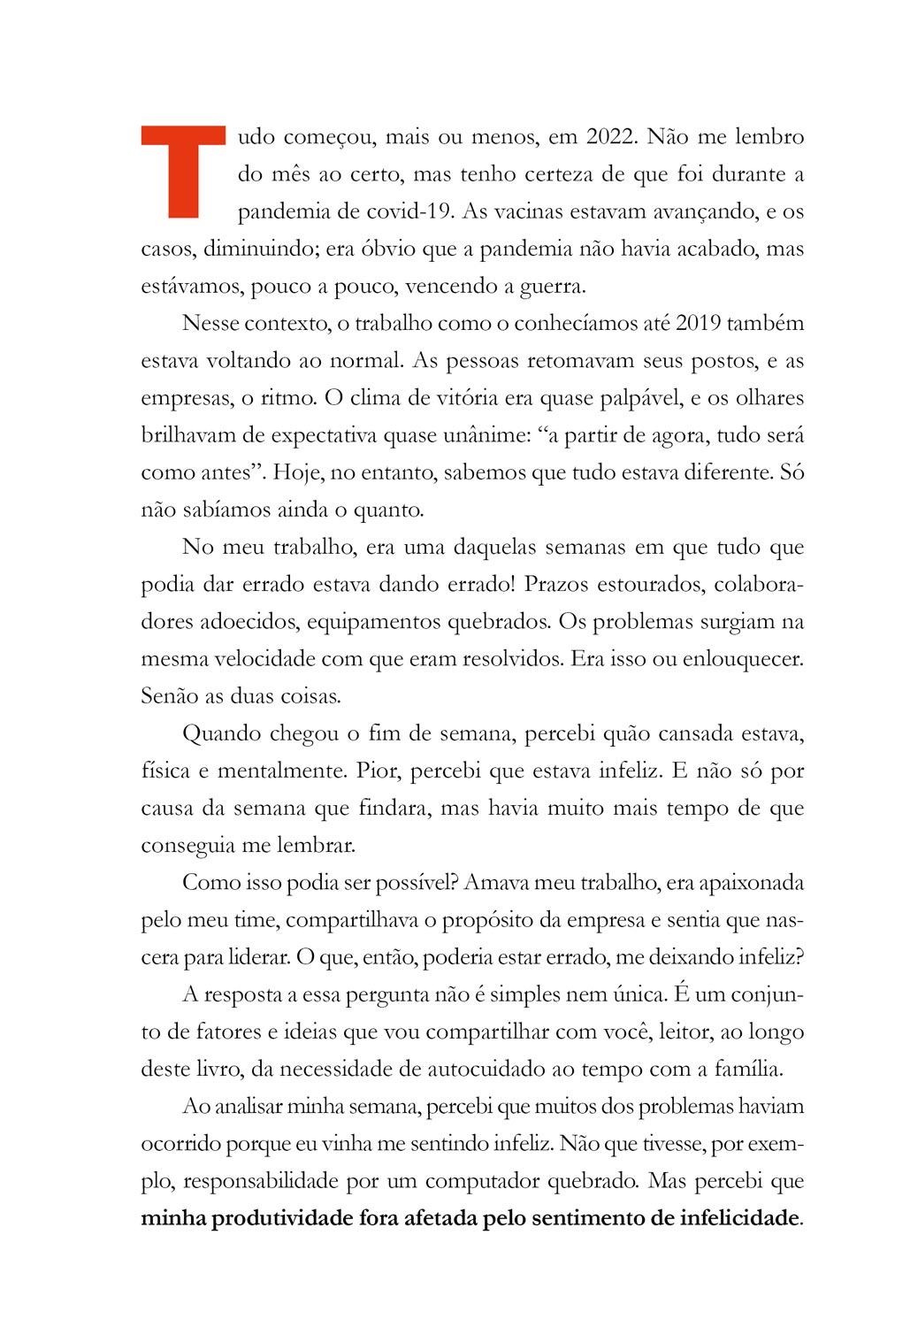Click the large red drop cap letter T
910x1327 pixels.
[x=183, y=173]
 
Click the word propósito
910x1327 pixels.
[x=485, y=920]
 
